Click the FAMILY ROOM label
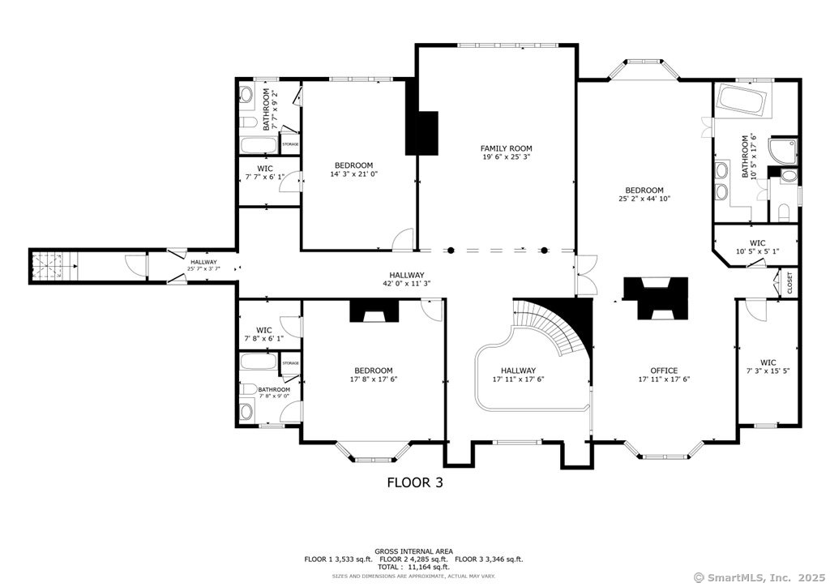[506, 148]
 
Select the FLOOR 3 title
[414, 482]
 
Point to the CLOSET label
[789, 283]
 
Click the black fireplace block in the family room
[421, 132]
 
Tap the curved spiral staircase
[558, 325]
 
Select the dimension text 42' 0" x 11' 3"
[406, 284]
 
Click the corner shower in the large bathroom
[784, 150]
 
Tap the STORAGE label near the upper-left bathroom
[290, 144]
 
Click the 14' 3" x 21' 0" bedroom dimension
[354, 174]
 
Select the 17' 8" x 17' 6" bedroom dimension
[373, 379]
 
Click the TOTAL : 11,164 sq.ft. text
[413, 567]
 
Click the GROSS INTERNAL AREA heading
[413, 551]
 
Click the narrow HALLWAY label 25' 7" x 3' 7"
[203, 266]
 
